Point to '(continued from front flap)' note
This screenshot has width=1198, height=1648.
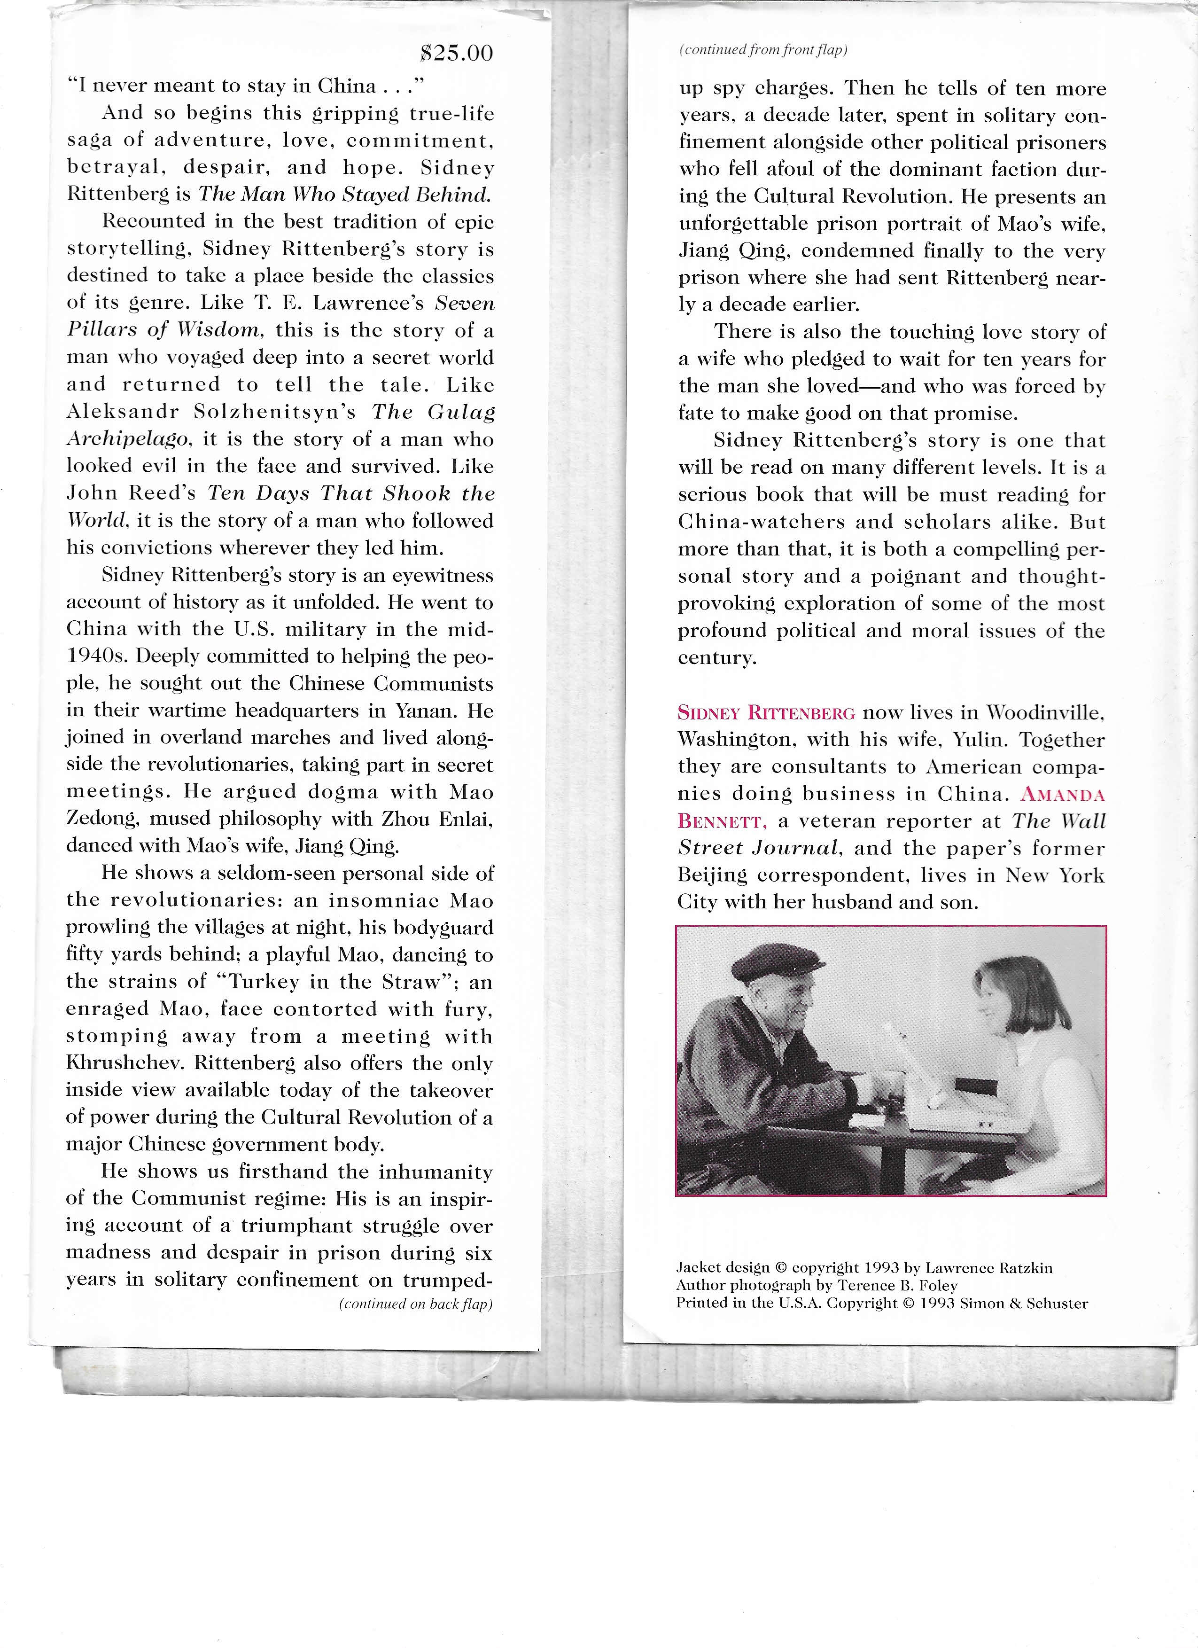click(x=763, y=50)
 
